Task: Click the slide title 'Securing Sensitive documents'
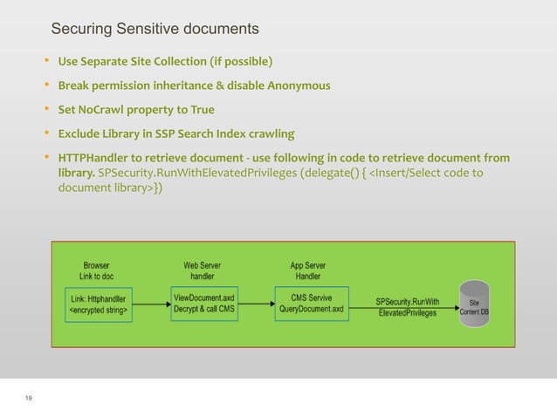pyautogui.click(x=155, y=30)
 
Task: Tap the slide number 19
pyautogui.click(x=30, y=399)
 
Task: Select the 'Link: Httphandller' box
pyautogui.click(x=100, y=304)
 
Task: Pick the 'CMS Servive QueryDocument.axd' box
pyautogui.click(x=312, y=303)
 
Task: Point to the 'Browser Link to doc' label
pyautogui.click(x=96, y=270)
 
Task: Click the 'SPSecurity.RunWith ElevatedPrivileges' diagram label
pyautogui.click(x=407, y=307)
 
